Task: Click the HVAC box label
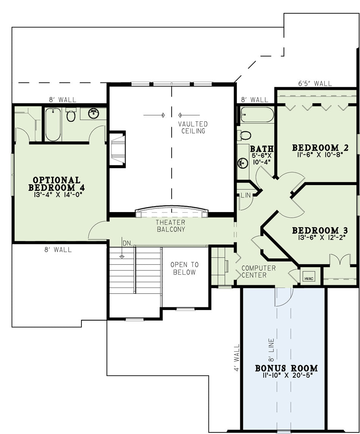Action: pyautogui.click(x=308, y=278)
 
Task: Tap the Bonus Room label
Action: pyautogui.click(x=286, y=368)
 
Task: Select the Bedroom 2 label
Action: pyautogui.click(x=320, y=148)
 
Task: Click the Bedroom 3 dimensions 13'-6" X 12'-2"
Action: pyautogui.click(x=320, y=237)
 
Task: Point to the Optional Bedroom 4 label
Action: pyautogui.click(x=56, y=184)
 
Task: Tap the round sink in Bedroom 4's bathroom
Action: pyautogui.click(x=94, y=113)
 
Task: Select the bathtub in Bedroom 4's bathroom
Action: pyautogui.click(x=53, y=124)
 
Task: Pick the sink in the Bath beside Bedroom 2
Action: pyautogui.click(x=243, y=163)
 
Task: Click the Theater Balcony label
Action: pyautogui.click(x=171, y=226)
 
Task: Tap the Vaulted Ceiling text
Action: pyautogui.click(x=193, y=127)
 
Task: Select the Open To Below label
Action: pyautogui.click(x=185, y=269)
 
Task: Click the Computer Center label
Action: pyautogui.click(x=258, y=272)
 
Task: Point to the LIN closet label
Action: pyautogui.click(x=246, y=195)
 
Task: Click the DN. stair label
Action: pyautogui.click(x=127, y=243)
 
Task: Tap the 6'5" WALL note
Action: pyautogui.click(x=315, y=83)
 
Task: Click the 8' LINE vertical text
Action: pyautogui.click(x=272, y=349)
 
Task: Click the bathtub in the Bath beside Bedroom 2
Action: pyautogui.click(x=257, y=115)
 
